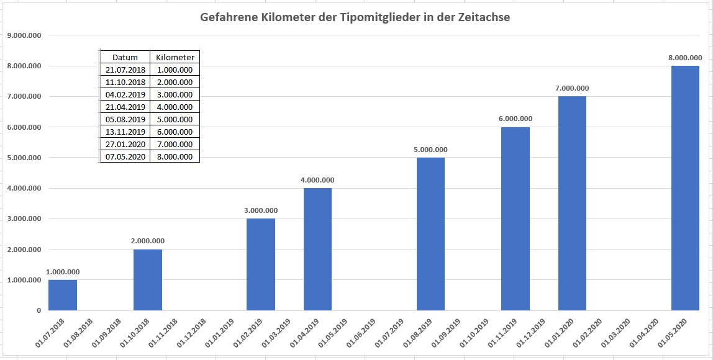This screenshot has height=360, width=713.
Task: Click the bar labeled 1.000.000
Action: (63, 295)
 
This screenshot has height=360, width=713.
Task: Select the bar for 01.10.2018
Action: (148, 280)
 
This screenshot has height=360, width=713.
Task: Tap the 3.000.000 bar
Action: (261, 264)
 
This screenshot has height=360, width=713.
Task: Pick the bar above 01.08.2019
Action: (430, 234)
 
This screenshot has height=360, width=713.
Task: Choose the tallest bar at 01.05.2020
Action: (685, 188)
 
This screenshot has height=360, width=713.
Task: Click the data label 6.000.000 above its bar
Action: (515, 119)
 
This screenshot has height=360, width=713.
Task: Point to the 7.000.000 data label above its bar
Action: (572, 88)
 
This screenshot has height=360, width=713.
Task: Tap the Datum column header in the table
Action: (125, 57)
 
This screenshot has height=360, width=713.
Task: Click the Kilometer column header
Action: (175, 57)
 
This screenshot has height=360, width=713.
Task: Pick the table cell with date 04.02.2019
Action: (125, 94)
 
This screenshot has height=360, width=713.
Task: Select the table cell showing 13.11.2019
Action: (125, 132)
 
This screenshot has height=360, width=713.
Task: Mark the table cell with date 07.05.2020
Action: (125, 156)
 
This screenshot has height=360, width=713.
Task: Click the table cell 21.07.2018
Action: (125, 70)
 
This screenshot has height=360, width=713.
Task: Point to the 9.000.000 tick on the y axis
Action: (24, 35)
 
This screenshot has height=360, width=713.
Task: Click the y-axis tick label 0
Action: (38, 310)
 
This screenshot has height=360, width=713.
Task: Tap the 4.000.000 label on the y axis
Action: (24, 188)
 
